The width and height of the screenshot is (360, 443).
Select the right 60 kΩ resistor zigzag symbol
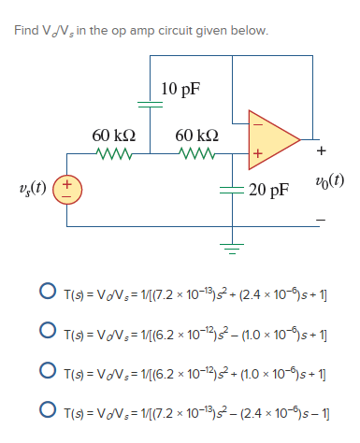[x=197, y=151]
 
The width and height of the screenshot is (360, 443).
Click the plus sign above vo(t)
[x=323, y=150]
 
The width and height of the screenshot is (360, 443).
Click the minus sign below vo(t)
[x=323, y=221]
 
